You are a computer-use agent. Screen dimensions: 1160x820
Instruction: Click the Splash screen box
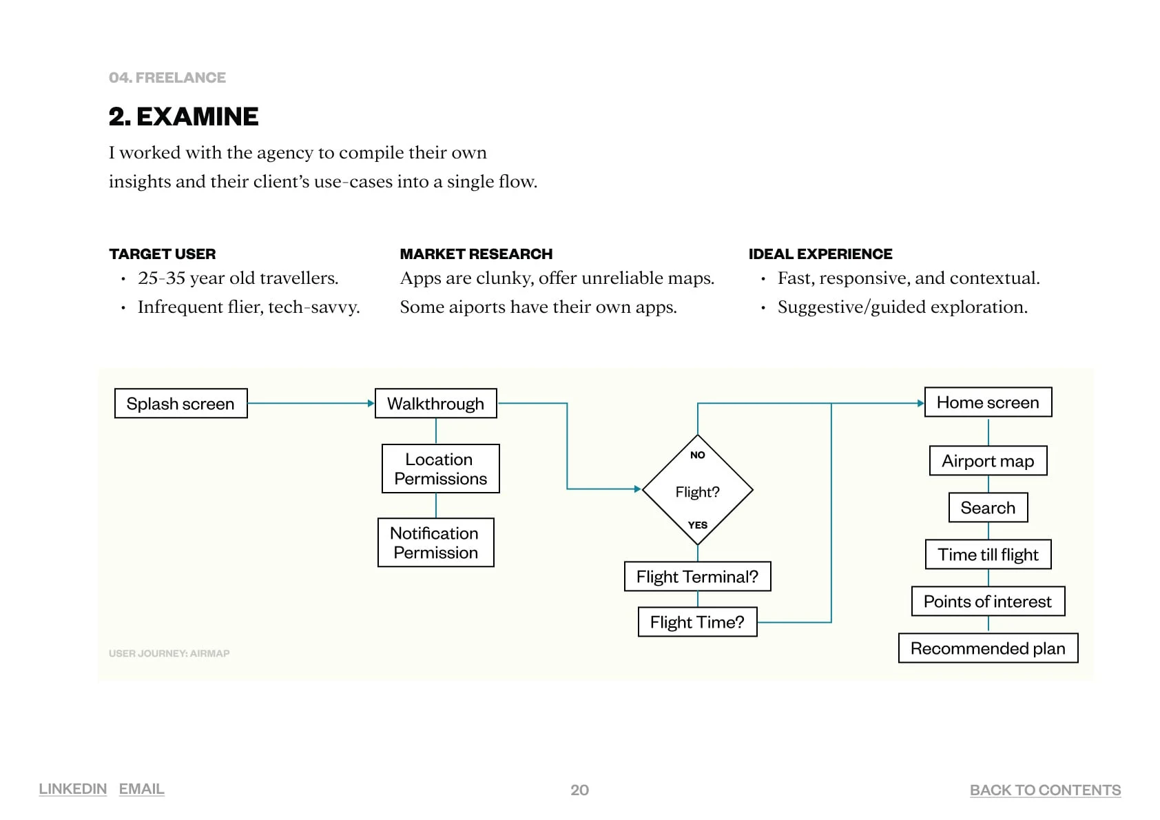pyautogui.click(x=180, y=403)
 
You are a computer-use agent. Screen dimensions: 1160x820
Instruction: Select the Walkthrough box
pyautogui.click(x=435, y=403)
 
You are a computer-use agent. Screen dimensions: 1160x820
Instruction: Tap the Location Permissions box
pyautogui.click(x=440, y=469)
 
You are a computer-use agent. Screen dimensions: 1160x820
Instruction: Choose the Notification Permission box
pyautogui.click(x=435, y=542)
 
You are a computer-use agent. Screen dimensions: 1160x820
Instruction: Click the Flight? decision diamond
pyautogui.click(x=697, y=490)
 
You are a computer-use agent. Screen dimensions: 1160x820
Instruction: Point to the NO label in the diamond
pyautogui.click(x=697, y=455)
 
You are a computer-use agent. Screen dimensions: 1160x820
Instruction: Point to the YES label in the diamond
pyautogui.click(x=697, y=525)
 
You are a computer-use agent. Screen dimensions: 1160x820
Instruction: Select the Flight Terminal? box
pyautogui.click(x=697, y=576)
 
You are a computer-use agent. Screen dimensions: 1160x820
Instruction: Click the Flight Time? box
pyautogui.click(x=697, y=622)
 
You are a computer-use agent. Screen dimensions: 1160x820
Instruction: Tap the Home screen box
pyautogui.click(x=988, y=402)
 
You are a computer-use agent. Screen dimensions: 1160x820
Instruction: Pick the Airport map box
pyautogui.click(x=988, y=460)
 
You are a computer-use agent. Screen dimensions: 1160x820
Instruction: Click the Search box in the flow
pyautogui.click(x=988, y=507)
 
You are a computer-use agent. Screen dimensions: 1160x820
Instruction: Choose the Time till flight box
pyautogui.click(x=988, y=554)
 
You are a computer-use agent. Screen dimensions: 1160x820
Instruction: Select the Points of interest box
pyautogui.click(x=988, y=601)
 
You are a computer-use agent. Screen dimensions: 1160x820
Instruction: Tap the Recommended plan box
pyautogui.click(x=988, y=648)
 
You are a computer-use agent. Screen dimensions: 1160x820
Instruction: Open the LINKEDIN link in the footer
pyautogui.click(x=72, y=789)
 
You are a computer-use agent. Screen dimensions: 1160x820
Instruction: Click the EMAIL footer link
pyautogui.click(x=141, y=789)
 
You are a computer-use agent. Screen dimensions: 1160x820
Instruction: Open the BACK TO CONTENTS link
pyautogui.click(x=1045, y=790)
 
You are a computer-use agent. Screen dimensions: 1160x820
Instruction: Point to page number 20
pyautogui.click(x=579, y=790)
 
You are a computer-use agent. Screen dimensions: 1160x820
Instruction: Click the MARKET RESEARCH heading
pyautogui.click(x=476, y=254)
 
